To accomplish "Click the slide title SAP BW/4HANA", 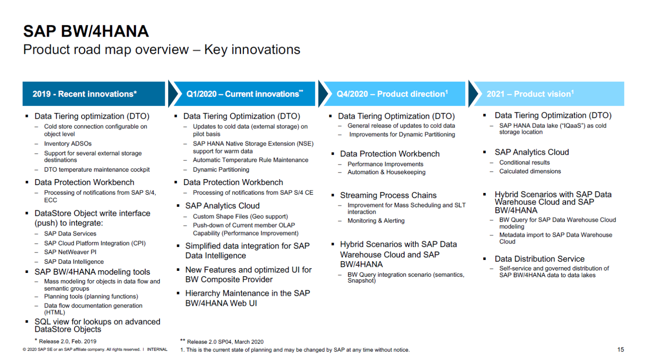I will (86, 32).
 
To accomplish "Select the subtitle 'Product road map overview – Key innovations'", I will (161, 50).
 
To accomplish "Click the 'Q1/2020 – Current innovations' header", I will (244, 94).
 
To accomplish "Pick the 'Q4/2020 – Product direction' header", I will (392, 94).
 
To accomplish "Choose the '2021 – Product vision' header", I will (530, 94).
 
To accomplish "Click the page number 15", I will (620, 349).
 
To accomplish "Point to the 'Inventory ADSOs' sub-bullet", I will (68, 144).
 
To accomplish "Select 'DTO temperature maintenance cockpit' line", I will (97, 169).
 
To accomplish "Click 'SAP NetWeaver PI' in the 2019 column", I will (70, 252).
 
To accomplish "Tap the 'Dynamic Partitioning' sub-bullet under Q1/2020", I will (221, 169).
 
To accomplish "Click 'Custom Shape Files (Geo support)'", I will (240, 217).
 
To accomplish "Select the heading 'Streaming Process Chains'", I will (388, 195).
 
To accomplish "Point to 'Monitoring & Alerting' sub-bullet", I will (376, 221).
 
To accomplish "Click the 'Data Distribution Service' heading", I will (539, 259).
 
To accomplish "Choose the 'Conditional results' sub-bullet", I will (524, 162).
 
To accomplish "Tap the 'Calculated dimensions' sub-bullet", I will (530, 171).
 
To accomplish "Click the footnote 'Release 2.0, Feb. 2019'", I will (67, 341).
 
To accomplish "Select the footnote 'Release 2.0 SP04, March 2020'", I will (225, 342).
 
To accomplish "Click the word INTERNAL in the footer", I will (157, 349).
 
